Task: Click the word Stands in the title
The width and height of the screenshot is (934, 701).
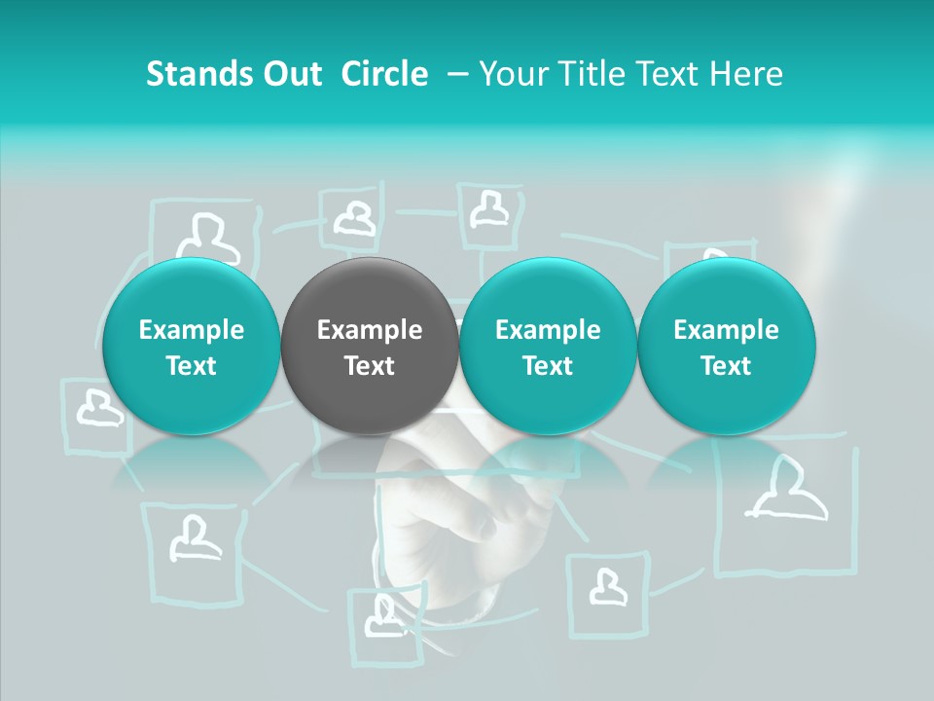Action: [198, 74]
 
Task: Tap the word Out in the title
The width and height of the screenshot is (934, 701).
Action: [291, 74]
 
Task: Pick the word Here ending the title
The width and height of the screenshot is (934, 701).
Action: [747, 74]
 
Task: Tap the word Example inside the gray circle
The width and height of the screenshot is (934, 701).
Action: [370, 330]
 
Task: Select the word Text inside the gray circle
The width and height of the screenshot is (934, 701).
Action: [370, 366]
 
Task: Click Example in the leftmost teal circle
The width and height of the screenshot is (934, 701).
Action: [192, 330]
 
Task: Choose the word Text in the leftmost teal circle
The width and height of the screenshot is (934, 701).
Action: [192, 366]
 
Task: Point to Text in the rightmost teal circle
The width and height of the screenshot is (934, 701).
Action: [726, 366]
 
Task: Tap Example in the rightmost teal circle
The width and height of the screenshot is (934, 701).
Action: [726, 330]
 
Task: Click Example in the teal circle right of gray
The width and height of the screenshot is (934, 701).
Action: [548, 330]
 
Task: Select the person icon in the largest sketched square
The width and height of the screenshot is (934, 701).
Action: [786, 492]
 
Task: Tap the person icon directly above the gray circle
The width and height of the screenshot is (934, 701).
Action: [355, 218]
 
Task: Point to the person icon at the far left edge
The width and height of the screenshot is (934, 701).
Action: [97, 408]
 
